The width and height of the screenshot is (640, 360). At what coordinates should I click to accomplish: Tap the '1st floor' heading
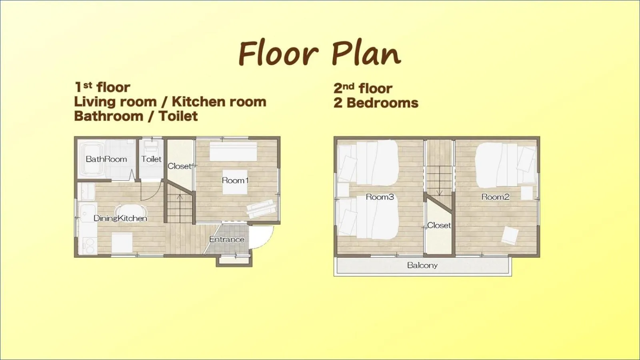click(102, 87)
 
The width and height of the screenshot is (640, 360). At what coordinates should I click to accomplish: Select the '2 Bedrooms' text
click(376, 103)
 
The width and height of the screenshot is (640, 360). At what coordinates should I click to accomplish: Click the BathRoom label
click(106, 159)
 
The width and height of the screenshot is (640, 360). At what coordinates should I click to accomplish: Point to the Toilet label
click(151, 159)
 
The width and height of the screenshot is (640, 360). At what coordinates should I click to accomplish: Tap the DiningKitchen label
click(120, 218)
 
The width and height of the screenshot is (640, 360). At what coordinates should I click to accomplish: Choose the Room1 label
click(235, 180)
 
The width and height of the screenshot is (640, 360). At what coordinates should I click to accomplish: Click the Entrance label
click(226, 240)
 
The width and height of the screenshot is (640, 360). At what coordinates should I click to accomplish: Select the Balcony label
click(422, 265)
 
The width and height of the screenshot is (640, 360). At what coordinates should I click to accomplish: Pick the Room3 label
click(380, 197)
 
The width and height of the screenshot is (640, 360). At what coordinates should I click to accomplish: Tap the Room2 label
click(495, 197)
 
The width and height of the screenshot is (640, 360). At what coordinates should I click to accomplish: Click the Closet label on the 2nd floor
click(439, 225)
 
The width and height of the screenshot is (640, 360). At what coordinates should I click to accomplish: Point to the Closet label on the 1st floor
click(179, 166)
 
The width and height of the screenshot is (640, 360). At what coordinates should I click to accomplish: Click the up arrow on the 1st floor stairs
click(180, 197)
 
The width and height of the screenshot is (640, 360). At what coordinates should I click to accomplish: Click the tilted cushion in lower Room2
click(510, 235)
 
